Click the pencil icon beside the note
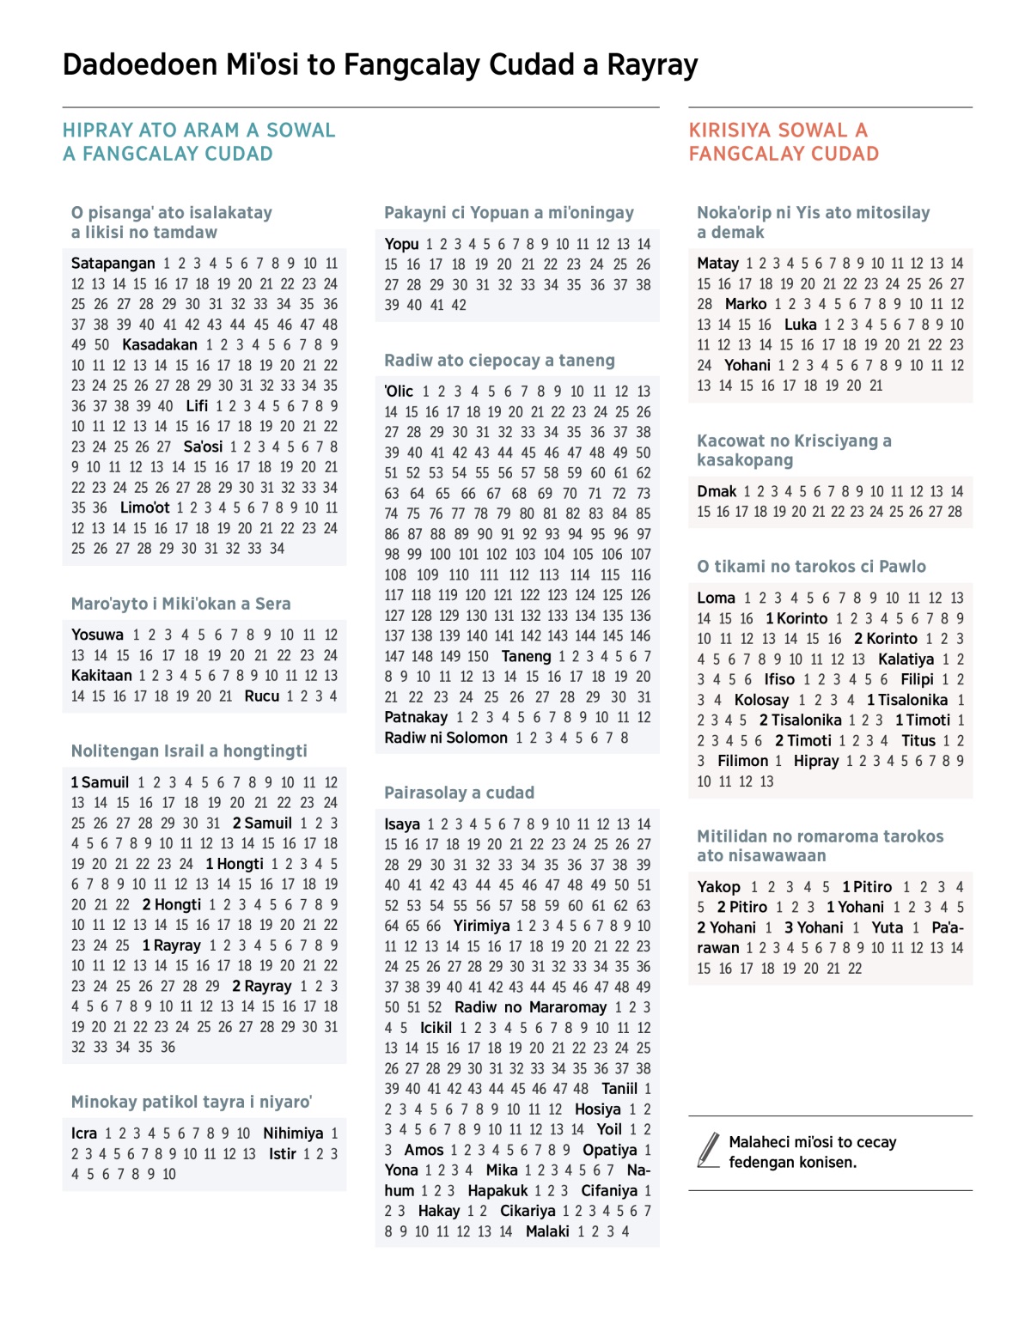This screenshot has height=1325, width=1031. [x=709, y=1151]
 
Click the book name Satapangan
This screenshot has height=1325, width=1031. [x=113, y=264]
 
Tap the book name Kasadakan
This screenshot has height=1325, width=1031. [x=160, y=345]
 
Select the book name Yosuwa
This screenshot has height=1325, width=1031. [x=97, y=635]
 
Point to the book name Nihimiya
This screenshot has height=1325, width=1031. [x=293, y=1134]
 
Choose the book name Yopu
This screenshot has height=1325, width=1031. [x=401, y=245]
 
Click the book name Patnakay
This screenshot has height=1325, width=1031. [x=416, y=717]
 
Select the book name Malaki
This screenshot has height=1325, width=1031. [x=547, y=1231]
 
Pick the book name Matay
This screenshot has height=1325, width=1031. [x=717, y=264]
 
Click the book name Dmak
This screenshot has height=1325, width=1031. [x=717, y=492]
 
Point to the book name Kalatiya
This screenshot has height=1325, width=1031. [x=906, y=659]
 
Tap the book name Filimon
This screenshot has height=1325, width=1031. [x=743, y=761]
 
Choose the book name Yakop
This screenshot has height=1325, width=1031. [x=718, y=887]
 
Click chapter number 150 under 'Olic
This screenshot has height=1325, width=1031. [x=477, y=657]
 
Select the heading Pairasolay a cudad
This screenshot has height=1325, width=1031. [x=459, y=793]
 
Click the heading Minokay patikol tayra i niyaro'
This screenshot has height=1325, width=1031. [x=191, y=1102]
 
